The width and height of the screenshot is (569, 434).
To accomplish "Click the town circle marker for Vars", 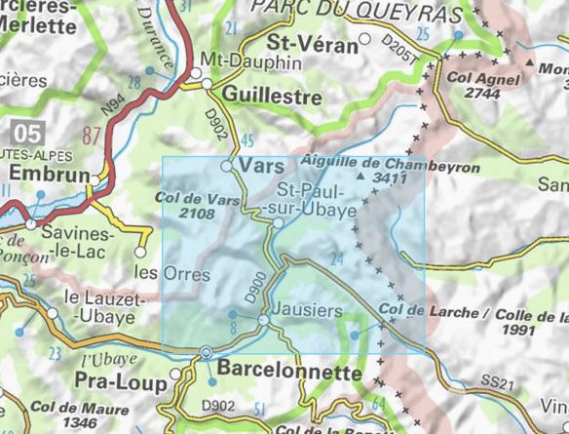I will (x=226, y=168).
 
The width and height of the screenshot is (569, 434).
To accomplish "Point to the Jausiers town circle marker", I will (x=264, y=320).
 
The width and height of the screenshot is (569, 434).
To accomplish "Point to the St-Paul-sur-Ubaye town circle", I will (x=279, y=223).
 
